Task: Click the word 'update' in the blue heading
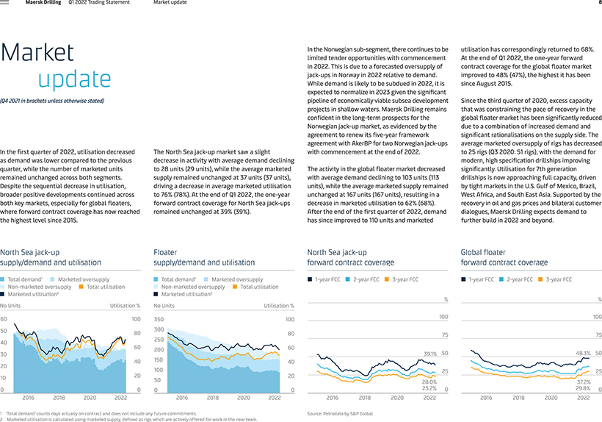pyautogui.click(x=74, y=79)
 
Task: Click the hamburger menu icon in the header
pyautogui.click(x=4, y=2)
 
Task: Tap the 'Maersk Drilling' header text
pyautogui.click(x=43, y=2)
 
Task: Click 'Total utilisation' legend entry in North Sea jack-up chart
pyautogui.click(x=102, y=287)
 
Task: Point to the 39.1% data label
pyautogui.click(x=430, y=354)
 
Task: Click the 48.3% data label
pyautogui.click(x=583, y=353)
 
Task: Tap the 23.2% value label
pyautogui.click(x=429, y=388)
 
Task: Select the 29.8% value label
pyautogui.click(x=583, y=388)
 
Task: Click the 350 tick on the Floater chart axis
pyautogui.click(x=159, y=319)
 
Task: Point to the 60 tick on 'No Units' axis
pyautogui.click(x=4, y=319)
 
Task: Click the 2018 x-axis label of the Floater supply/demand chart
pyautogui.click(x=213, y=398)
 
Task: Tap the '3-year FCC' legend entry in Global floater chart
pyautogui.click(x=555, y=279)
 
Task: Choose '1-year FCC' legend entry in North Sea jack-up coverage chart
pyautogui.click(x=324, y=279)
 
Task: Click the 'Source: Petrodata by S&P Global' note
pyautogui.click(x=340, y=413)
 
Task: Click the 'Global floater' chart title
pyautogui.click(x=483, y=252)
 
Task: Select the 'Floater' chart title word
pyautogui.click(x=165, y=252)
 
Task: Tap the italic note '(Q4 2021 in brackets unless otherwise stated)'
pyautogui.click(x=52, y=101)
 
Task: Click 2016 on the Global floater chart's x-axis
pyautogui.click(x=486, y=398)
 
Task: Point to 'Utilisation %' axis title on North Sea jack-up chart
pyautogui.click(x=125, y=306)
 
